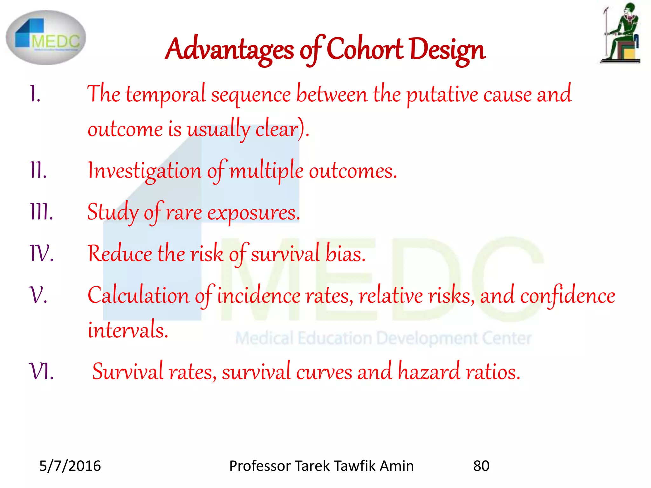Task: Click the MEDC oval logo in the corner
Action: [x=46, y=37]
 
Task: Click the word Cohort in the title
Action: [x=365, y=49]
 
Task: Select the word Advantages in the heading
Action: [x=230, y=49]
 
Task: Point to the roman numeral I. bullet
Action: [x=35, y=94]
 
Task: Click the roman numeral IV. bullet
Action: [x=41, y=253]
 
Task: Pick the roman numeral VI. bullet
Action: [x=41, y=371]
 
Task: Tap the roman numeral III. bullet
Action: [x=41, y=212]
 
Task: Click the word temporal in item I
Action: [x=166, y=95]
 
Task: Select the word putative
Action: [x=442, y=95]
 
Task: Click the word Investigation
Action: [x=145, y=171]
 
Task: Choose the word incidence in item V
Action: [x=259, y=295]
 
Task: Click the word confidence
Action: [x=567, y=295]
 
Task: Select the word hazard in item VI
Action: [x=429, y=371]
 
